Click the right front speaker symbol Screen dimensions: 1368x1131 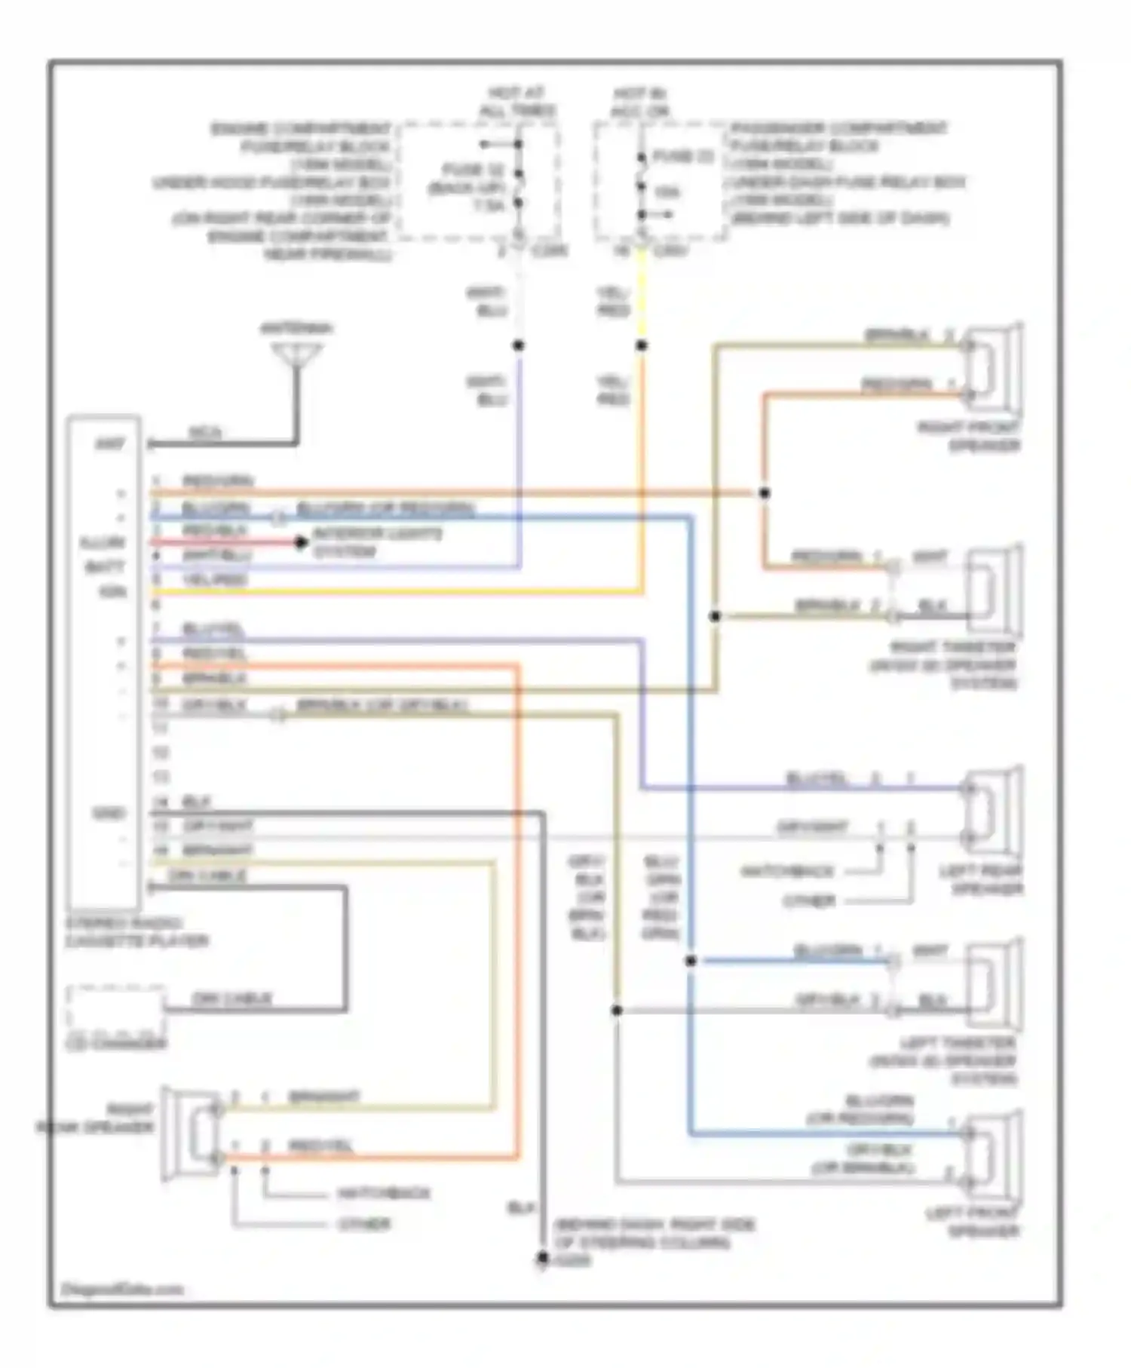pos(995,369)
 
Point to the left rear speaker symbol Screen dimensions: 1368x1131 pos(995,813)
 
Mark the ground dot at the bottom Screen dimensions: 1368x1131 pos(542,1257)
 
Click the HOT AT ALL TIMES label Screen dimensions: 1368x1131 pos(517,102)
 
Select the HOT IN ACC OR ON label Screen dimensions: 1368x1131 pos(641,102)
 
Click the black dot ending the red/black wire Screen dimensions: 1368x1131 pos(301,542)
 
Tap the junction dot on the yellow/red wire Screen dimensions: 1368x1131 pos(642,345)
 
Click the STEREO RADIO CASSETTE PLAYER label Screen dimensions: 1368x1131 pos(136,932)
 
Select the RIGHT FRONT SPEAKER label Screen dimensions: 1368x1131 pos(968,436)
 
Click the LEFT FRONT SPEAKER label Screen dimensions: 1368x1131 pos(973,1222)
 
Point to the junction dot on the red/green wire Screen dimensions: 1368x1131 pos(764,493)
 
